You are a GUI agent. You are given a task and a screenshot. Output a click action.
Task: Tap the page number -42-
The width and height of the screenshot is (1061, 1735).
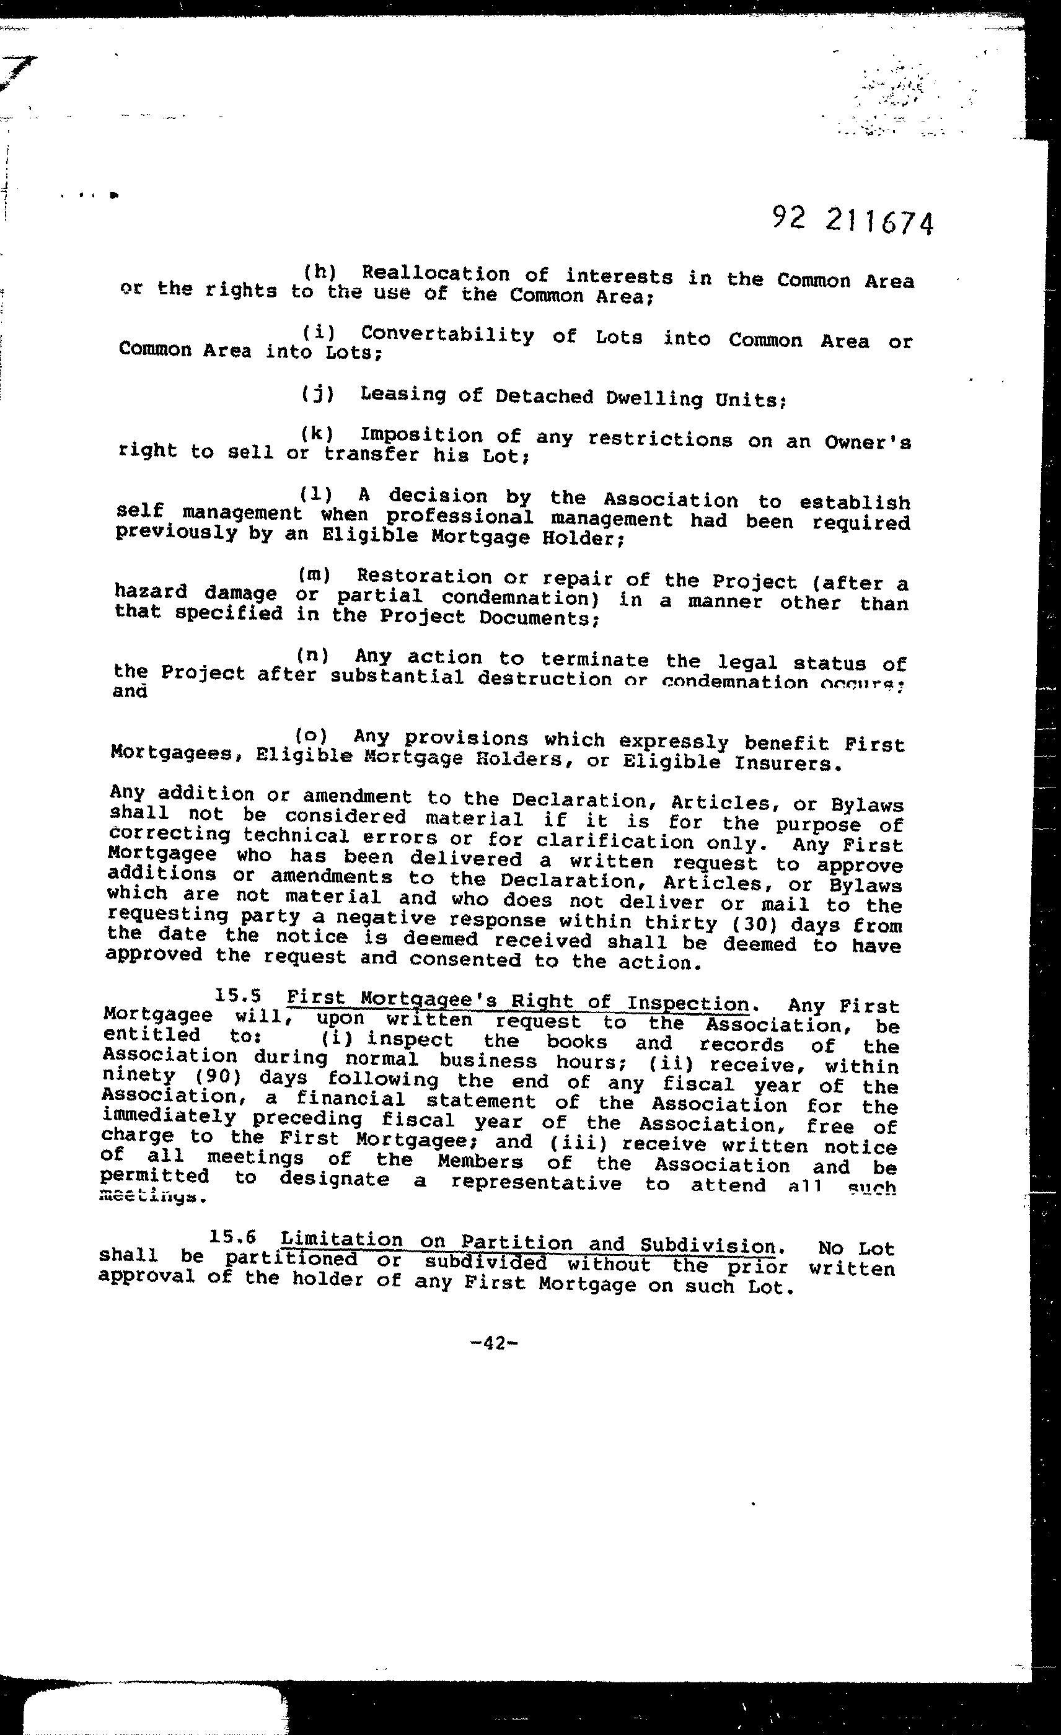493,1343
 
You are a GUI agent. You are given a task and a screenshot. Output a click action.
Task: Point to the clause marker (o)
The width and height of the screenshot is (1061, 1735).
310,736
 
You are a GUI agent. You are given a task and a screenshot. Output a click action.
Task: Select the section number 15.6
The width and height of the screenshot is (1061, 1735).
232,1237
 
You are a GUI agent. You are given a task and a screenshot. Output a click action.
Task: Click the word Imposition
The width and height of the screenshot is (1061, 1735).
421,435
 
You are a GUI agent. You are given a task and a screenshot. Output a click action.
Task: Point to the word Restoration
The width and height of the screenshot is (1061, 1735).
424,577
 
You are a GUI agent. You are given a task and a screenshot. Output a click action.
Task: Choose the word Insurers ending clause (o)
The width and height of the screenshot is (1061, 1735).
787,763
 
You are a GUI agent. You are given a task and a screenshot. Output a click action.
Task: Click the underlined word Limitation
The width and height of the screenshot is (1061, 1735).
341,1239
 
